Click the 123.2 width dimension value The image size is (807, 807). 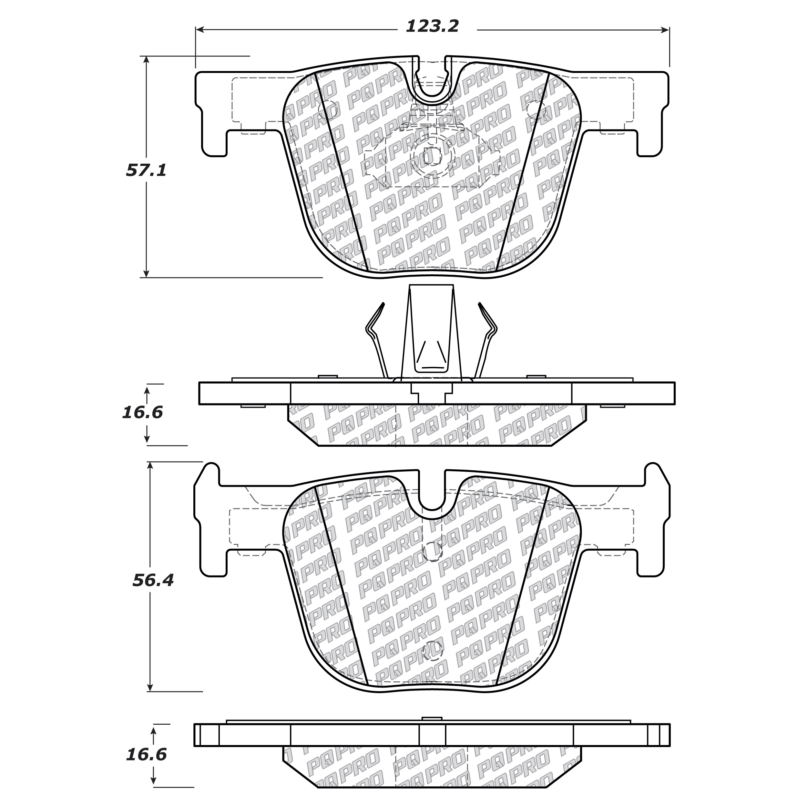(x=432, y=27)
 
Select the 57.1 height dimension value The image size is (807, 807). (x=146, y=170)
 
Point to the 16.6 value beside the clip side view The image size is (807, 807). (x=142, y=413)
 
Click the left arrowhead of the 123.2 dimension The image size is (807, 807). (x=200, y=30)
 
